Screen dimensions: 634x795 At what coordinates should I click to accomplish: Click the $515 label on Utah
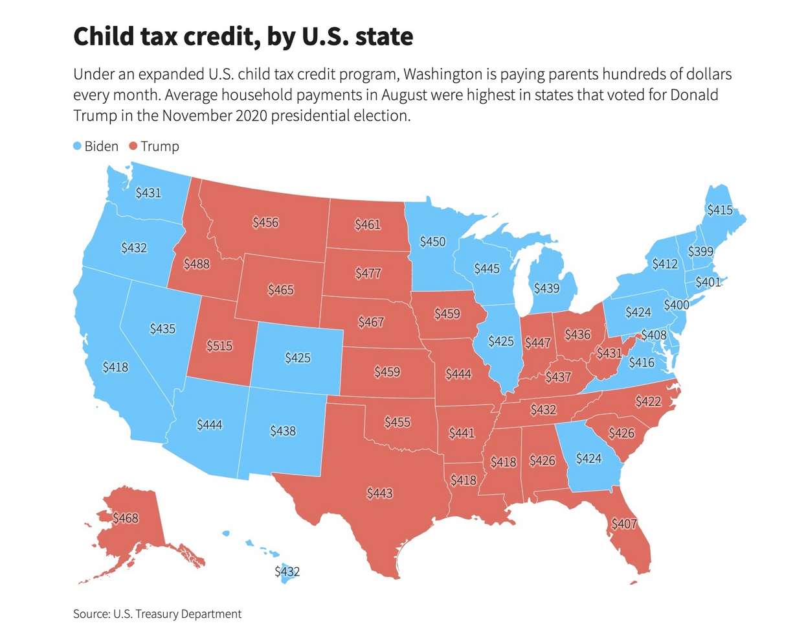(x=219, y=346)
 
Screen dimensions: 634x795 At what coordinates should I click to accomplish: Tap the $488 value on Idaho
(x=196, y=264)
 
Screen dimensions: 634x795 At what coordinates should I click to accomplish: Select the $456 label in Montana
(x=265, y=222)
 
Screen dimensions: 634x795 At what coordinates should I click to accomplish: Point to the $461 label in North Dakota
(x=368, y=225)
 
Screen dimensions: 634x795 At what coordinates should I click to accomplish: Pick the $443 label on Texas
(x=379, y=493)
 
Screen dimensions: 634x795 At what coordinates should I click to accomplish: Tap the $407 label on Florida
(x=624, y=523)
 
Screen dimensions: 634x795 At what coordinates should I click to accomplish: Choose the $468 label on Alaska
(x=125, y=518)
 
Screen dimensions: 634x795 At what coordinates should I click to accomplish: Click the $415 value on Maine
(x=719, y=209)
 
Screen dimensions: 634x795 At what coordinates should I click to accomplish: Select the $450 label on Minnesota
(x=432, y=241)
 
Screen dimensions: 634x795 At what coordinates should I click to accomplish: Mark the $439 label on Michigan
(x=546, y=288)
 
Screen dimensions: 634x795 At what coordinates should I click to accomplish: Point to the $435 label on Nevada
(x=162, y=329)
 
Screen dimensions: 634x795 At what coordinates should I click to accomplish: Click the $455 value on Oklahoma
(x=397, y=422)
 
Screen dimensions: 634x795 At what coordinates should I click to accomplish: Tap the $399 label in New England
(x=700, y=251)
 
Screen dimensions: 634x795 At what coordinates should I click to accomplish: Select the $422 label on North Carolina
(x=648, y=401)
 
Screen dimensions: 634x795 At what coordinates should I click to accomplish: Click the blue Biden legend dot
(x=78, y=147)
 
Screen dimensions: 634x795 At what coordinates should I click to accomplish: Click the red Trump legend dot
(x=133, y=147)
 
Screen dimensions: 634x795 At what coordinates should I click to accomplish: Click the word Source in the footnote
(x=91, y=613)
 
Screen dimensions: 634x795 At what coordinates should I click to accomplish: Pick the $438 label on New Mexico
(x=283, y=430)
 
